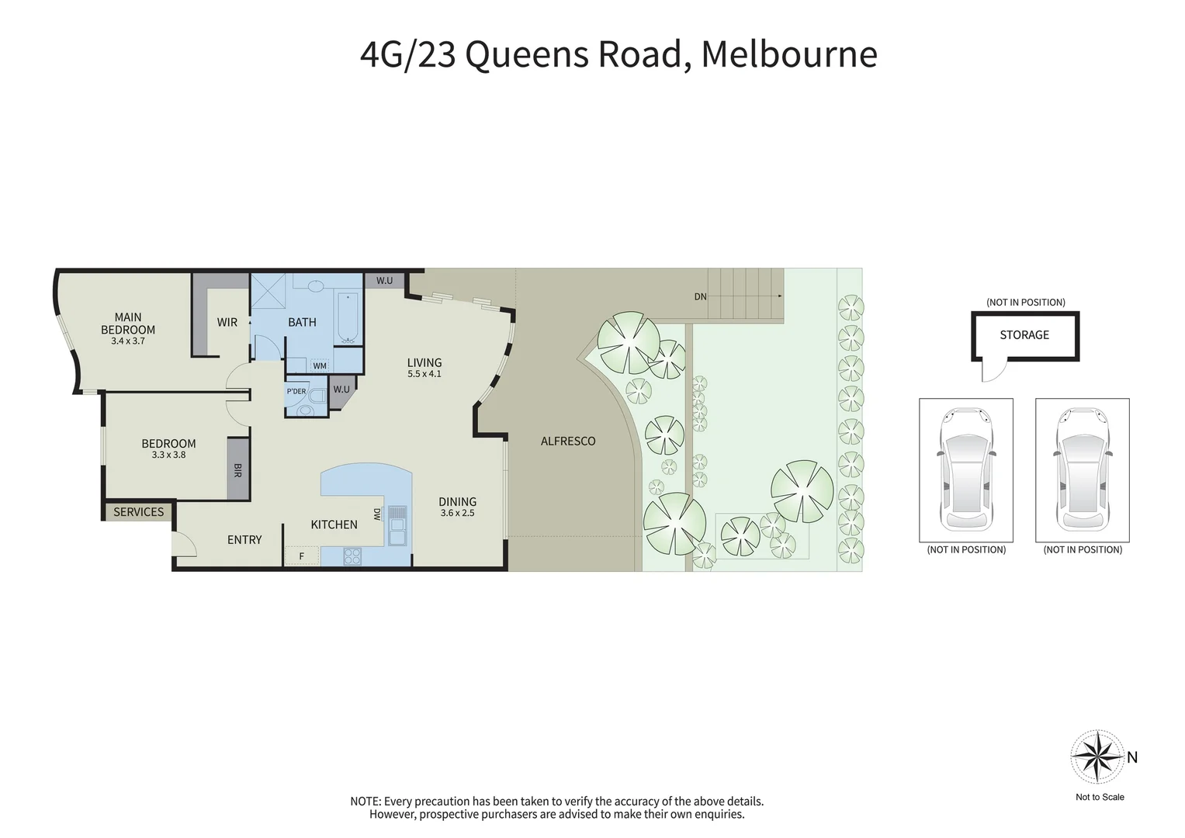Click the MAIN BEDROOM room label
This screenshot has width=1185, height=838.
[128, 323]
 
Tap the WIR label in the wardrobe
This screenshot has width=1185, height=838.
[227, 322]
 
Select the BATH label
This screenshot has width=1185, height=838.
[302, 322]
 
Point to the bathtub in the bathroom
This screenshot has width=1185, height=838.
[348, 317]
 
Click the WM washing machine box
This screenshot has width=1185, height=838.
[320, 365]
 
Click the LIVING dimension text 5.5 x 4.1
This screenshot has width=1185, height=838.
[424, 374]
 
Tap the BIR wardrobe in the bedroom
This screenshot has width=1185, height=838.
[237, 469]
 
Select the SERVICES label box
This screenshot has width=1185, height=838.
[139, 512]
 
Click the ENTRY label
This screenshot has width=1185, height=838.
[244, 540]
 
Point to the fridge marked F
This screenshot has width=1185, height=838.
[302, 556]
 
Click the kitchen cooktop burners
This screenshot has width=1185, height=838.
[352, 556]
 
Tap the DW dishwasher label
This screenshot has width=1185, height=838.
[377, 514]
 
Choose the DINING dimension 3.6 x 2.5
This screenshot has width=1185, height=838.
[457, 513]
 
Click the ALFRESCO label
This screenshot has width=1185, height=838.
[568, 441]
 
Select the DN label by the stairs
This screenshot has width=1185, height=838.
[700, 296]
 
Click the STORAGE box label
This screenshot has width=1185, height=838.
[1024, 335]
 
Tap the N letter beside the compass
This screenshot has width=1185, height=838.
[1132, 757]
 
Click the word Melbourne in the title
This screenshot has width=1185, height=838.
[789, 54]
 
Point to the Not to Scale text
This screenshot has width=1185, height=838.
[1100, 797]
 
